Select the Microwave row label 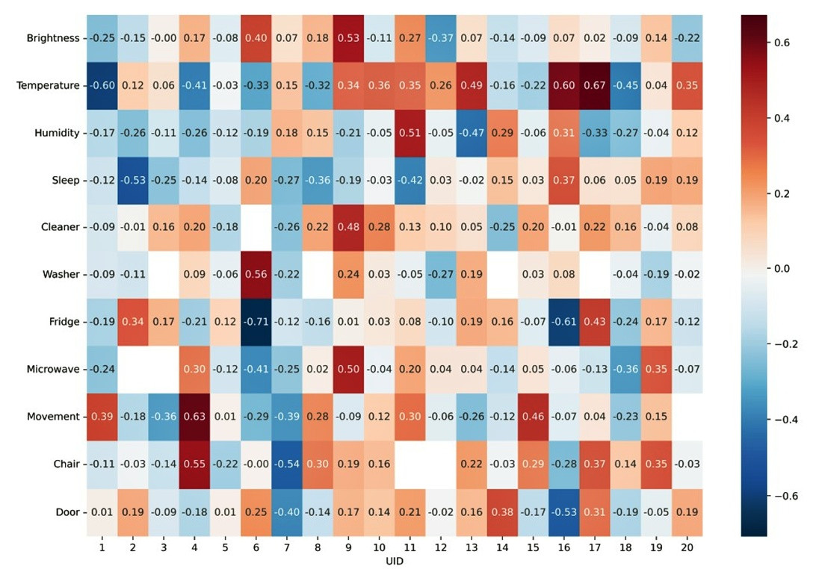click(x=54, y=370)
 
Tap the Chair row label click(x=66, y=464)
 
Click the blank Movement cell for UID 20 click(x=687, y=417)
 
